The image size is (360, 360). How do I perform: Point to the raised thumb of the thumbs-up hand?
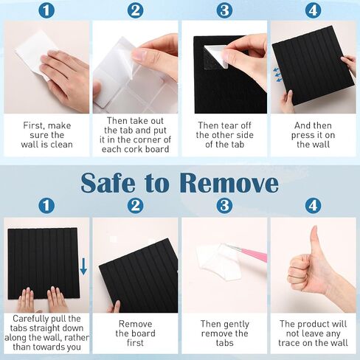(x=314, y=242)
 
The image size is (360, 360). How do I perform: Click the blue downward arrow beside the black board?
(x=83, y=266)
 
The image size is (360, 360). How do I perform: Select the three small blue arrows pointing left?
(x=277, y=75)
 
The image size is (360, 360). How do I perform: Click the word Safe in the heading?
(x=108, y=182)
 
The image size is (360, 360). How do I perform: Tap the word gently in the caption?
(x=237, y=325)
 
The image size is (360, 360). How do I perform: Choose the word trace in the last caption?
(x=290, y=343)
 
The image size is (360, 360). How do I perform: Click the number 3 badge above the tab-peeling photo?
(x=224, y=10)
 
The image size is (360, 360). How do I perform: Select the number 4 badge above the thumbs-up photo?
(x=313, y=205)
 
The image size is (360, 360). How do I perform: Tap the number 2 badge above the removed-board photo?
(x=135, y=205)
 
